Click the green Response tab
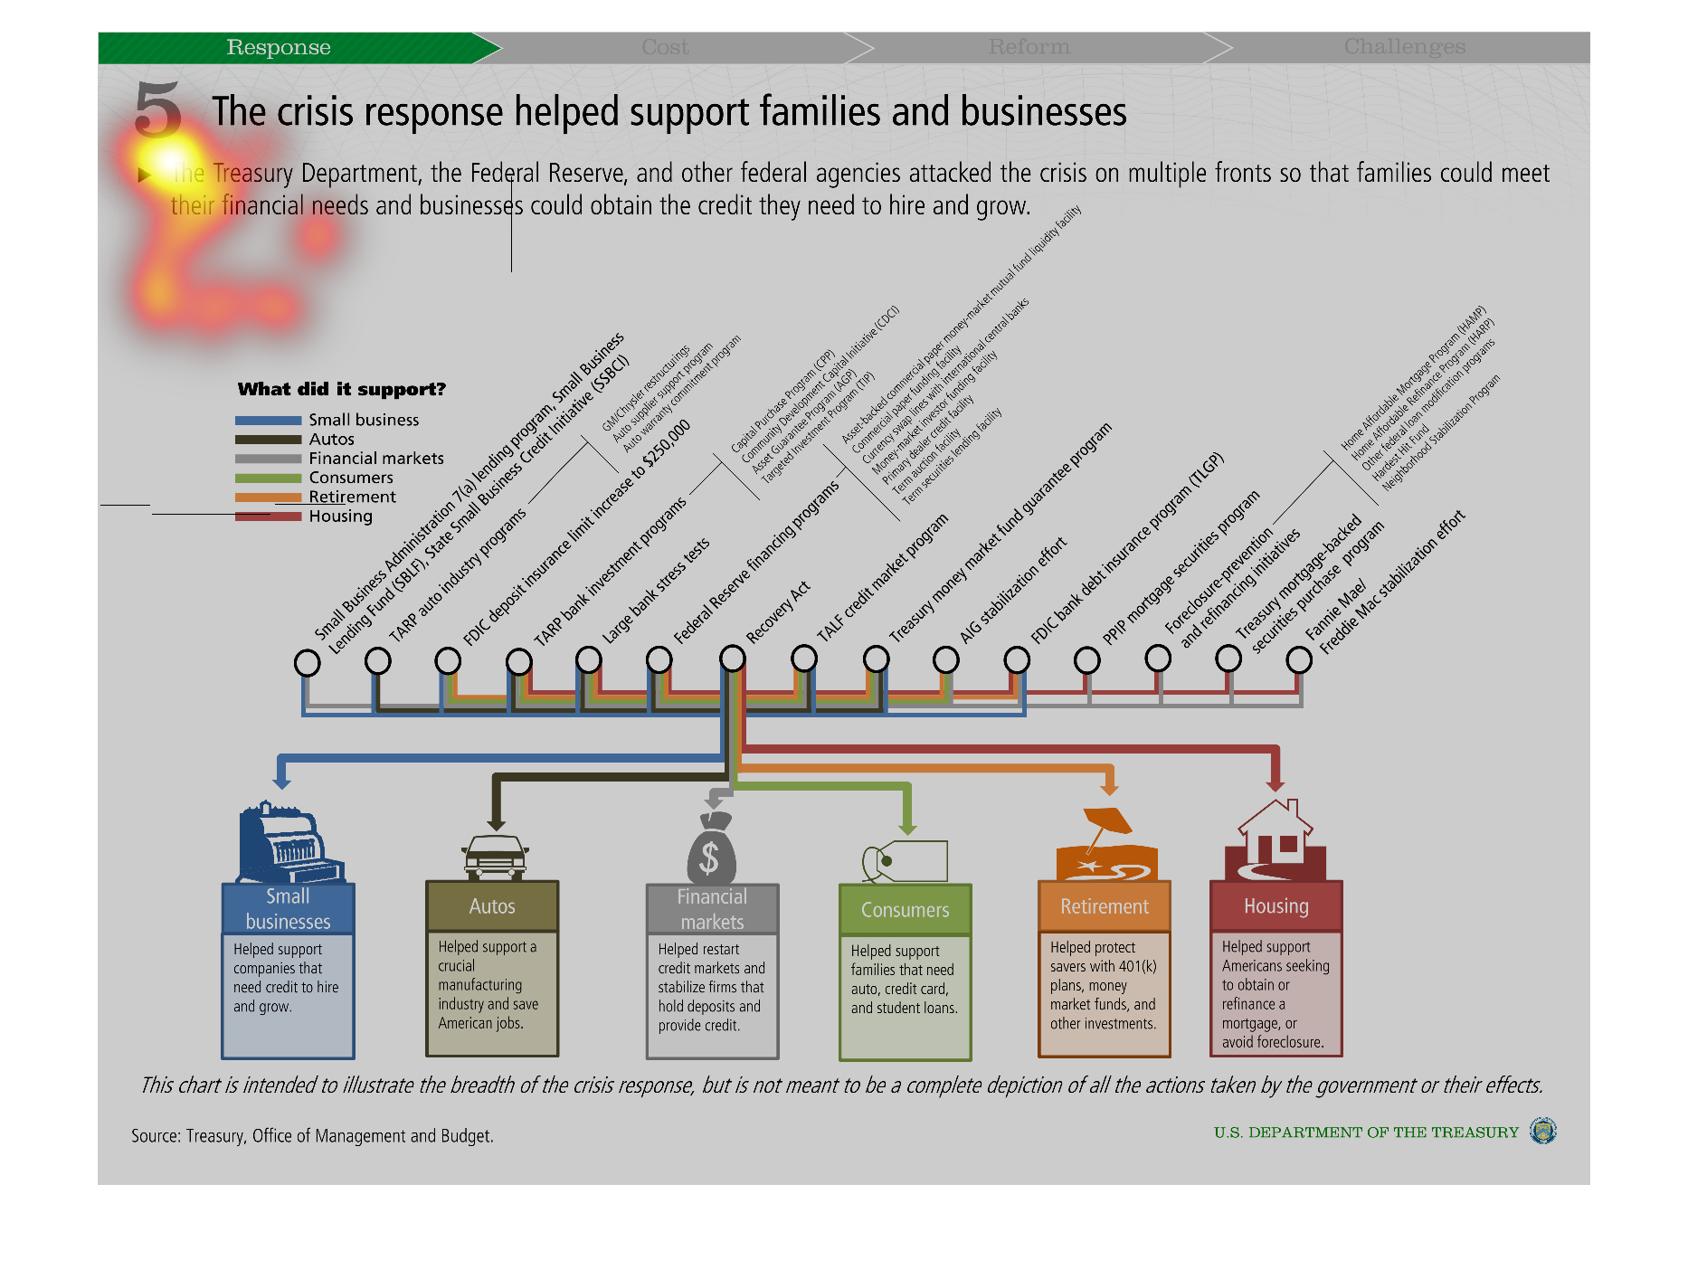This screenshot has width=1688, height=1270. tap(279, 48)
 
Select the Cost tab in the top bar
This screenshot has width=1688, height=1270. tap(665, 48)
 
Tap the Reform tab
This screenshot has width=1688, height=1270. tap(1029, 48)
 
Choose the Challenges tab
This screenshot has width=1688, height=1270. tap(1404, 48)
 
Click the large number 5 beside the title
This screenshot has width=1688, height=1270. tap(158, 110)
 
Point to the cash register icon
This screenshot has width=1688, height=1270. tap(288, 843)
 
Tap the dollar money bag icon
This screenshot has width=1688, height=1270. tap(711, 850)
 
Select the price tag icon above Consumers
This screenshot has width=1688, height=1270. tap(906, 860)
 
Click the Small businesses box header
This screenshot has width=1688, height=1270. tap(288, 909)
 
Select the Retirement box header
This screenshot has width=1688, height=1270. tap(1105, 906)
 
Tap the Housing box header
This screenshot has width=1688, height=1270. tap(1275, 906)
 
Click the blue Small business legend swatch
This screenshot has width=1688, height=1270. tap(268, 421)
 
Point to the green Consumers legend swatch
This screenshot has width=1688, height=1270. tap(268, 479)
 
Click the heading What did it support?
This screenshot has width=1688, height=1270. tap(342, 390)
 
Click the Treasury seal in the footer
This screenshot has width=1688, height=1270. tap(1542, 1132)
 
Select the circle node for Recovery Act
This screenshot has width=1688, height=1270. tap(733, 659)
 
